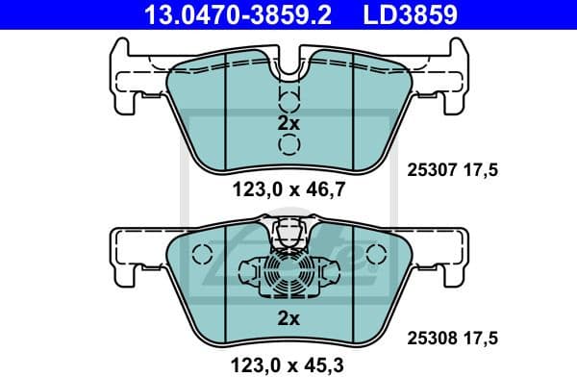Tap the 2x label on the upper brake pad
coord(288,122)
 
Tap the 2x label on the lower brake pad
coord(288,316)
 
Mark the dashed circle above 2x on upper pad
coord(288,101)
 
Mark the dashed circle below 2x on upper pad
coord(288,144)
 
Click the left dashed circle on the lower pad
coord(200,256)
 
